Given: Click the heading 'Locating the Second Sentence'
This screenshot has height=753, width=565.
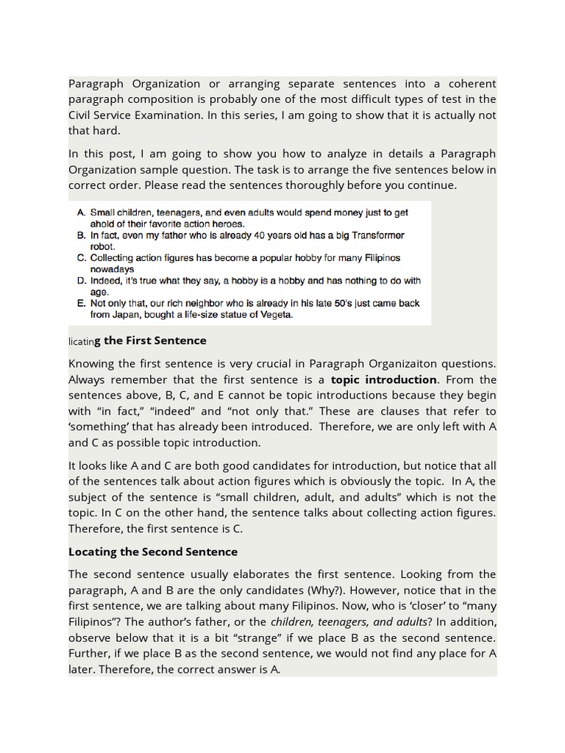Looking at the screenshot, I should click(152, 552).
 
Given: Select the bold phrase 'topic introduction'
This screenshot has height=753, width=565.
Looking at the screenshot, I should click(383, 379).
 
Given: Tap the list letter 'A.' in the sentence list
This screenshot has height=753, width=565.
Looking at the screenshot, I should click(82, 213).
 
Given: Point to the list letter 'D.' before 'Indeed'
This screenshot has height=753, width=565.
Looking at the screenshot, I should click(82, 281).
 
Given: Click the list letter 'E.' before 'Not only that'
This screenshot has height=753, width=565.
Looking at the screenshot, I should click(82, 304).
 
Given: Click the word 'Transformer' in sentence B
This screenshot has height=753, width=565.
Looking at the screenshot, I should click(374, 235).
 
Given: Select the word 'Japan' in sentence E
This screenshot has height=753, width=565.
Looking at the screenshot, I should click(127, 315).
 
